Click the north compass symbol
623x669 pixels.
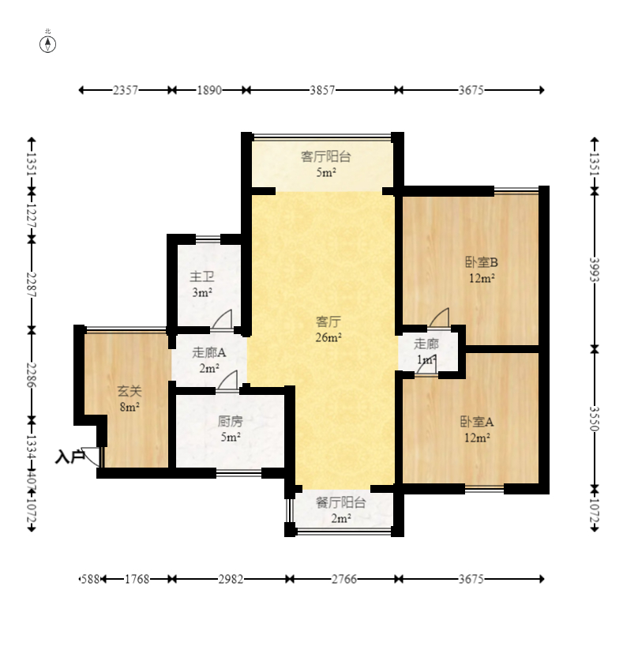[47, 44]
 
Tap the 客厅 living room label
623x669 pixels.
[328, 321]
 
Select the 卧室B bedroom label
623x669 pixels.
[482, 262]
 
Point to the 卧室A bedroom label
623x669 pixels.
[477, 422]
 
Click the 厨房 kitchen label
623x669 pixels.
[231, 421]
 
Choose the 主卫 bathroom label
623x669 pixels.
[201, 276]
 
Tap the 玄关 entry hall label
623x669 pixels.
[129, 391]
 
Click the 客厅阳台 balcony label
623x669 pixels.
[326, 156]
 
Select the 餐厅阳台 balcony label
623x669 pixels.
[340, 502]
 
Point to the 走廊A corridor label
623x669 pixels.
[209, 352]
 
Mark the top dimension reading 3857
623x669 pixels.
[322, 90]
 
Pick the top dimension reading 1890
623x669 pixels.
[209, 90]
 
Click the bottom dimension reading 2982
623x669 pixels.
[231, 579]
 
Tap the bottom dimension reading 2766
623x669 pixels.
[344, 579]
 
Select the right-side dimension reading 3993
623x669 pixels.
[595, 269]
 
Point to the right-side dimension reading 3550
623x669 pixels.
[595, 419]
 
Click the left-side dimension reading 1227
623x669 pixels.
[32, 216]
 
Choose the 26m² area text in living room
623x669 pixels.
[328, 337]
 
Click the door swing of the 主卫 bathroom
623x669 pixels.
[222, 319]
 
